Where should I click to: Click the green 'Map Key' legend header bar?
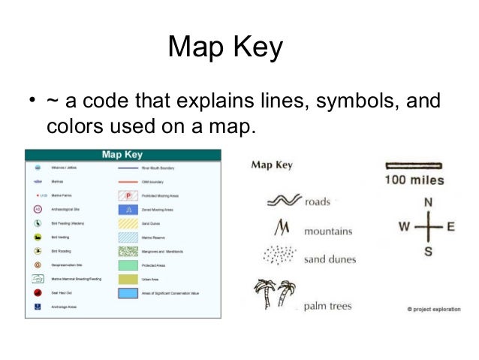(122, 155)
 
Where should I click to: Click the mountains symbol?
(283, 226)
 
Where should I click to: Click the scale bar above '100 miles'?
(414, 165)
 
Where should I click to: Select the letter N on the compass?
(428, 202)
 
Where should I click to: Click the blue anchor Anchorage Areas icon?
(37, 307)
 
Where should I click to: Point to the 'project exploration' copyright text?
(435, 309)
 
